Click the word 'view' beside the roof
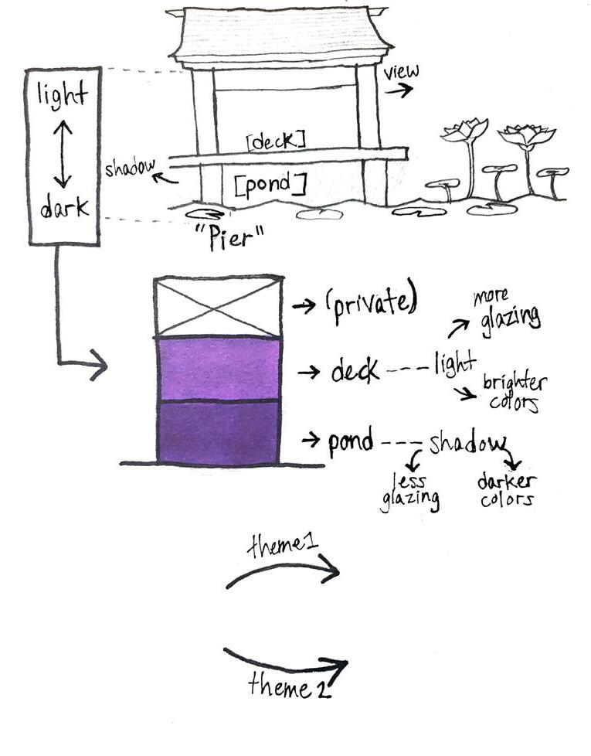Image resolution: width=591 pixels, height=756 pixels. pos(401,72)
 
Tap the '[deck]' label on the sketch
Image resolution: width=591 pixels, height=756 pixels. pos(276,140)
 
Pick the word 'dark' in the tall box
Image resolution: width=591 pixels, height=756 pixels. pos(65,207)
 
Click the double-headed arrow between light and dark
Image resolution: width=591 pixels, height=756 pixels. pos(63,154)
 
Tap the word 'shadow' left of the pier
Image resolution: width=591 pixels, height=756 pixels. pos(130,167)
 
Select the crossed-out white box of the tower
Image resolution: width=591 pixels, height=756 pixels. pos(218,307)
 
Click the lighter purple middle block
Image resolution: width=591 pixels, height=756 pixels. pos(218,369)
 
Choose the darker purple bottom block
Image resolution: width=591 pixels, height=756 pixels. pos(218,432)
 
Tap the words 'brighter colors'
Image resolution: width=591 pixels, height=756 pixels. pos(514,393)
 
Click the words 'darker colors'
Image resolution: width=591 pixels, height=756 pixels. pos(507,490)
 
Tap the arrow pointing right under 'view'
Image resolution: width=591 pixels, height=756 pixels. pos(399,90)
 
